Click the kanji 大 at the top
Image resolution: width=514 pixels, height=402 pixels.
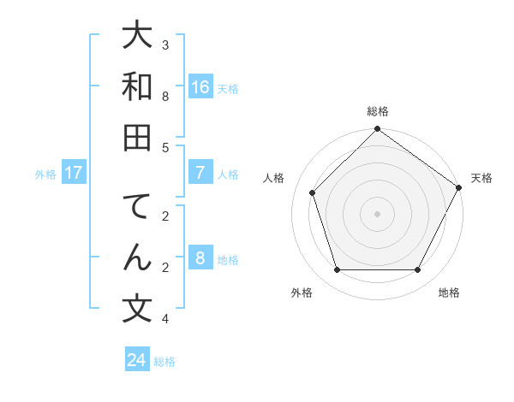tap(138, 36)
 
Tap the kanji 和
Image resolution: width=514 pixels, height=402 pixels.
tap(138, 86)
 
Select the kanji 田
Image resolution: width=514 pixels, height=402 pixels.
tap(138, 137)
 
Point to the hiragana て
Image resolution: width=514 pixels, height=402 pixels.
tap(138, 207)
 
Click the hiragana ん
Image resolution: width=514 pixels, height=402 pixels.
tap(138, 257)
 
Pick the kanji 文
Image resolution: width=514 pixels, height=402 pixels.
tap(138, 308)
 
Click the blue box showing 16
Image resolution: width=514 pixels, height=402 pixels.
tap(200, 87)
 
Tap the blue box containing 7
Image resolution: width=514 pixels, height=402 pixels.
tap(200, 173)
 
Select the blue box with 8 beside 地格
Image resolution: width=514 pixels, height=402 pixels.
tap(200, 258)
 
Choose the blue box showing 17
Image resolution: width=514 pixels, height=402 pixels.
tap(74, 173)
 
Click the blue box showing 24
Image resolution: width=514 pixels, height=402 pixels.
tap(137, 360)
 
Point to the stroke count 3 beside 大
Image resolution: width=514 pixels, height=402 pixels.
tap(165, 44)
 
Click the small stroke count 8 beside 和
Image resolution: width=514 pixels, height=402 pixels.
tap(165, 96)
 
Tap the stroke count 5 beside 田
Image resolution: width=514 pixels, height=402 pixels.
tap(165, 147)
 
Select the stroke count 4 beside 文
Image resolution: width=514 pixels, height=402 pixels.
tap(165, 319)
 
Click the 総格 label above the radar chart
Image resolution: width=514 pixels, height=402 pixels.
tap(377, 111)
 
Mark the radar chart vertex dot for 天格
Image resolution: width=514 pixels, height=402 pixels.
tap(459, 187)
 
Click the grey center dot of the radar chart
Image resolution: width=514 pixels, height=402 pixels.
tap(377, 213)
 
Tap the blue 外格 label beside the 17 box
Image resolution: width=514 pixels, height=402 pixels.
tap(45, 174)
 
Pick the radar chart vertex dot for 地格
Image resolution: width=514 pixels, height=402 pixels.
tap(417, 269)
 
